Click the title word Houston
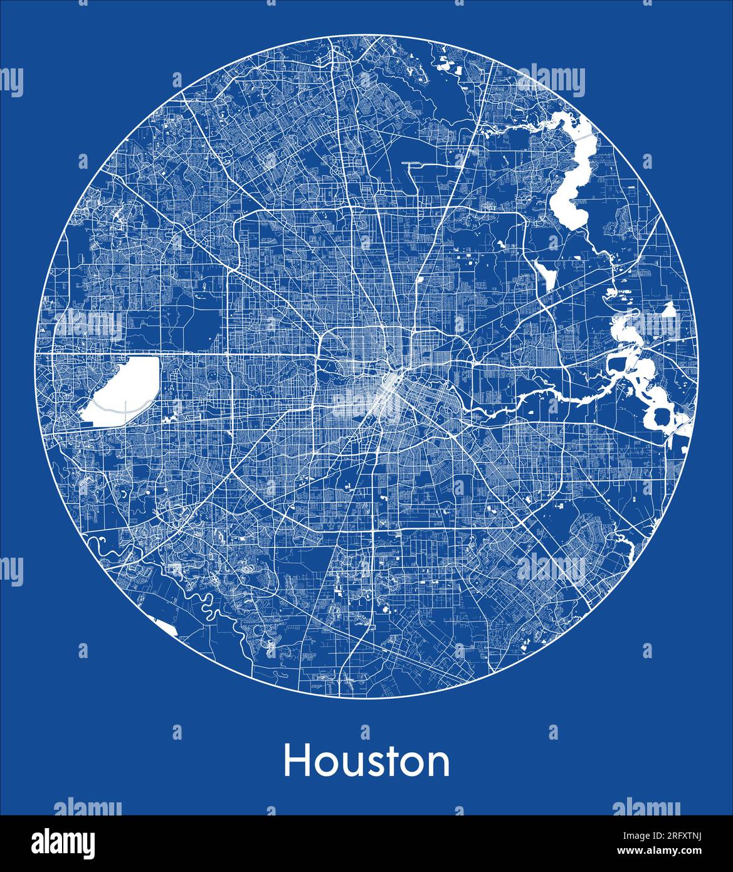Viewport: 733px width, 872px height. click(366, 761)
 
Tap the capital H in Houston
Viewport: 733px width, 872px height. click(295, 761)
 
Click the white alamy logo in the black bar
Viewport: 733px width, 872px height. click(63, 843)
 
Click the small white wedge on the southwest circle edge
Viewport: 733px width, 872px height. click(167, 626)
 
